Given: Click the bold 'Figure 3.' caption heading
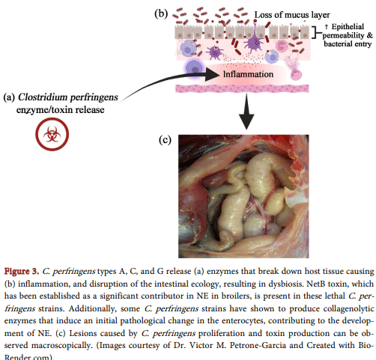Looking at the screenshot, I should [25, 269].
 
